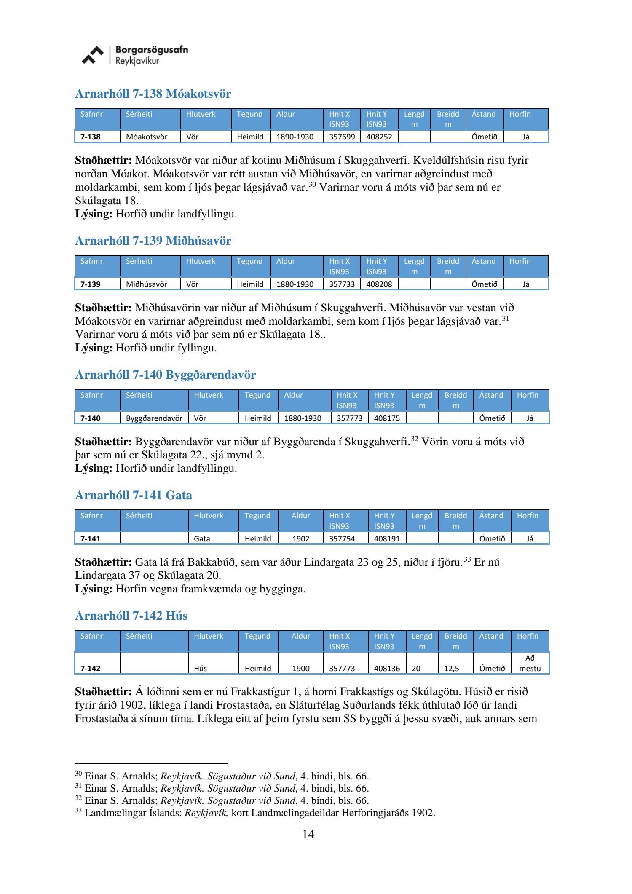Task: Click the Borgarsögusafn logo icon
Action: point(92,55)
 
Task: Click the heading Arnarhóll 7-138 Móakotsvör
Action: point(153,94)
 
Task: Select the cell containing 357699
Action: point(342,137)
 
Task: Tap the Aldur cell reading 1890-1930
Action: point(295,137)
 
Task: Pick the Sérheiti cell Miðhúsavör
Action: point(146,284)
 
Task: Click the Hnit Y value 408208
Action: point(379,284)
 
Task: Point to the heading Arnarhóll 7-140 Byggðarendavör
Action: point(165,375)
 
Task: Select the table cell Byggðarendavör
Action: point(154,418)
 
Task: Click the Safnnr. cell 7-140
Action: point(91,418)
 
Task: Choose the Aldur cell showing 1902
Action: point(301,539)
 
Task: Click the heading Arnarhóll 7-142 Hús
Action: point(131,616)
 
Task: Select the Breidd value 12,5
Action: point(452,669)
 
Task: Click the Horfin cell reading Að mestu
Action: point(530,663)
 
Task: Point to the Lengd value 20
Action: point(416,669)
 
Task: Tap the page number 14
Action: point(308,834)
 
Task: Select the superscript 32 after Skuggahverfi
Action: point(414,439)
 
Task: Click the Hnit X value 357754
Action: point(342,539)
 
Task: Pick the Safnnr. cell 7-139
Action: point(91,284)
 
